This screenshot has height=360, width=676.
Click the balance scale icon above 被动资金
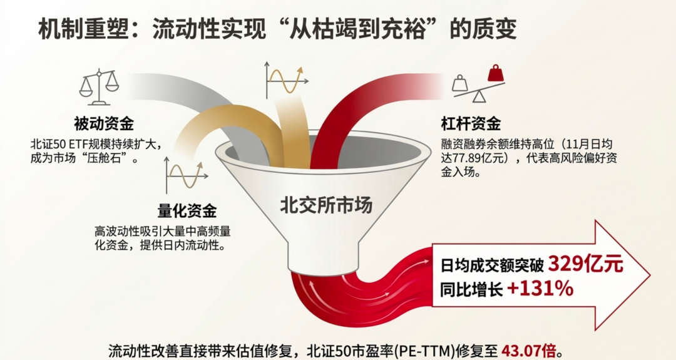pyautogui.click(x=99, y=88)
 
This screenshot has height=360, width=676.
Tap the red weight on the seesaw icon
pyautogui.click(x=496, y=73)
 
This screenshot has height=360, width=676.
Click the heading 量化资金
pyautogui.click(x=187, y=210)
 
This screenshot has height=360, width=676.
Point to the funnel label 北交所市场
pyautogui.click(x=325, y=205)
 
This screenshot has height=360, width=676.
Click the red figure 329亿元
pyautogui.click(x=585, y=264)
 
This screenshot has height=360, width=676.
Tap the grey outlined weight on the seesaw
pyautogui.click(x=460, y=83)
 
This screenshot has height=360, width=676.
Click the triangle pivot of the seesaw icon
pyautogui.click(x=479, y=96)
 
